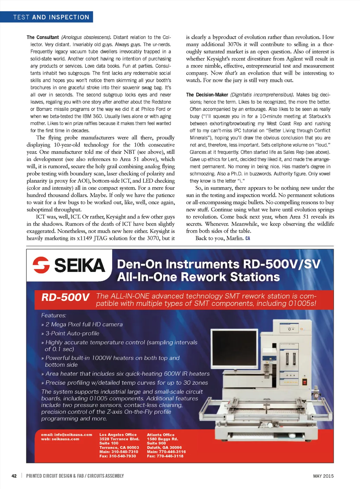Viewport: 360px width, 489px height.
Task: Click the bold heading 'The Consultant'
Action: (x=43, y=37)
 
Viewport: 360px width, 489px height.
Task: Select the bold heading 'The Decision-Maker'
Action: (x=207, y=95)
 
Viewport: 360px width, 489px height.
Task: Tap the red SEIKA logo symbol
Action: (x=41, y=265)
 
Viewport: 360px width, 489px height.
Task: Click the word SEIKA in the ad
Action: (x=79, y=265)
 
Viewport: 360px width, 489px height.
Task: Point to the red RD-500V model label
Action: (x=65, y=298)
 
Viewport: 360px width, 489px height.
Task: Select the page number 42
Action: (x=14, y=476)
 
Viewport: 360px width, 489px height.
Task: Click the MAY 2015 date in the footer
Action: (x=323, y=476)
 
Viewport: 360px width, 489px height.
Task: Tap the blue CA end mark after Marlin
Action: (x=248, y=239)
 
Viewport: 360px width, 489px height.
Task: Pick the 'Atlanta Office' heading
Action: (x=160, y=435)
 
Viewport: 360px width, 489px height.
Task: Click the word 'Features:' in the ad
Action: (x=53, y=315)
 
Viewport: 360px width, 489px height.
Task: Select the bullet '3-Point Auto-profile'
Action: (x=72, y=333)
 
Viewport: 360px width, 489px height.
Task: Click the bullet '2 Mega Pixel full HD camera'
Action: (x=84, y=325)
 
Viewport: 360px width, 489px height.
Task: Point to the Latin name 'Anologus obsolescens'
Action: (x=86, y=37)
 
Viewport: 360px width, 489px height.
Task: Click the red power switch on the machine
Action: (x=305, y=382)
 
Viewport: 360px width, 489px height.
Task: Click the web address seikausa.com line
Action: (x=60, y=439)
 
